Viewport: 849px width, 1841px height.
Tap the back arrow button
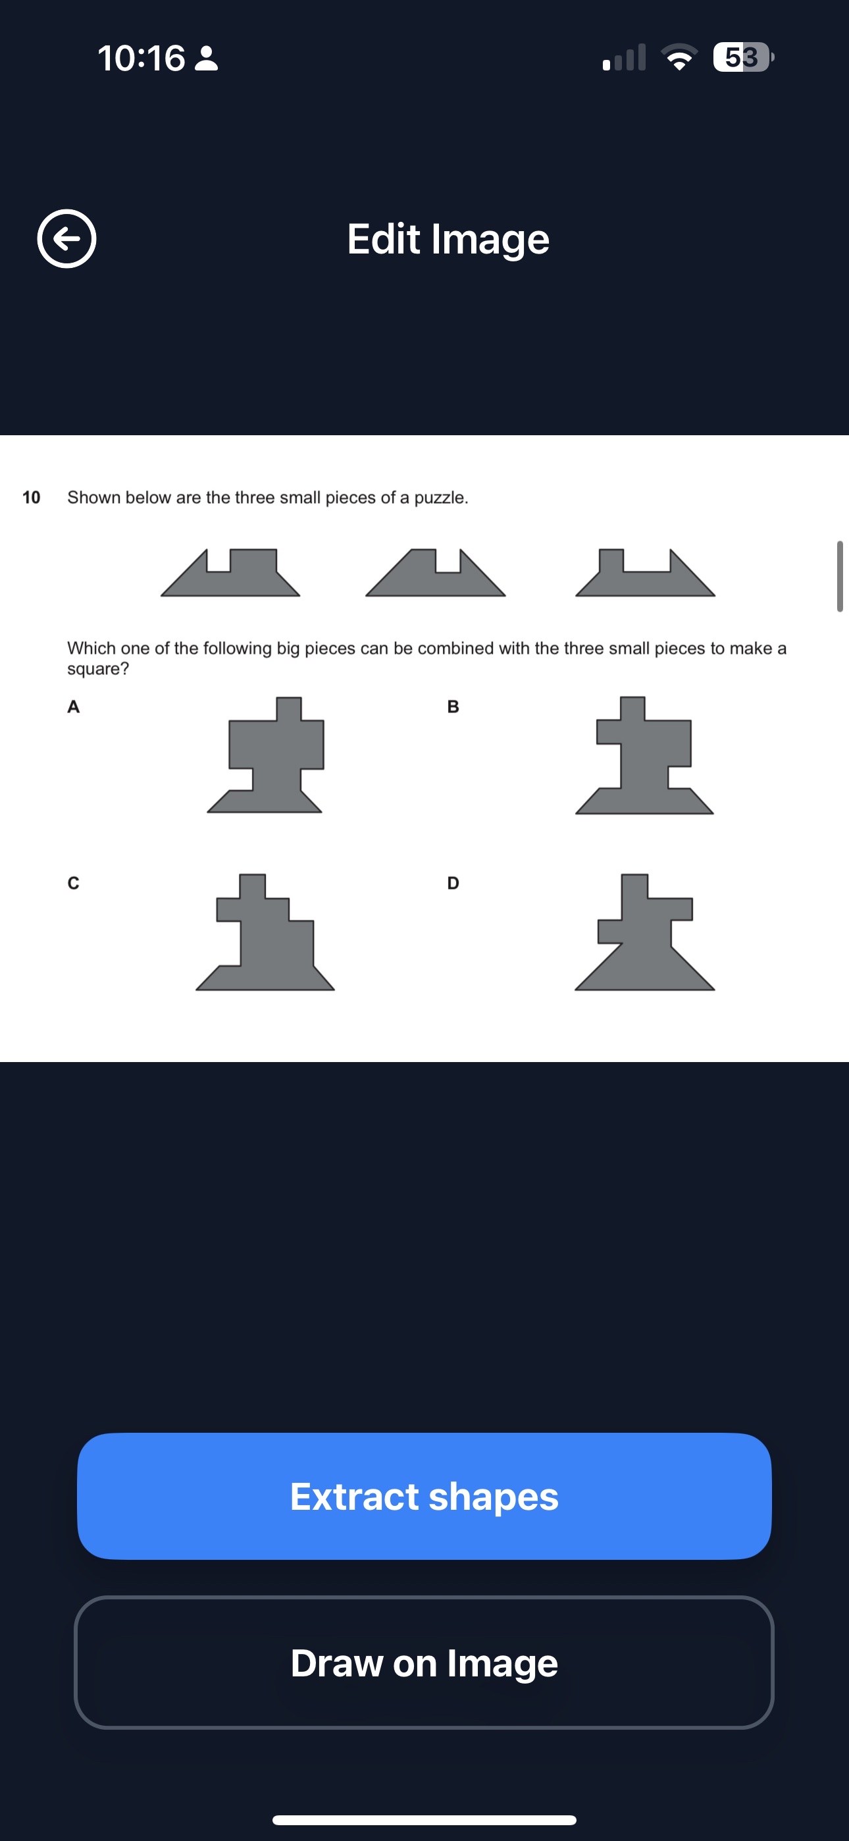[x=66, y=239]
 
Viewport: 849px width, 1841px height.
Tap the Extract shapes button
[x=424, y=1496]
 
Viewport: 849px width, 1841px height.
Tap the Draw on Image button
[x=424, y=1663]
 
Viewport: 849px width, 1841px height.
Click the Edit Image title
[x=448, y=240]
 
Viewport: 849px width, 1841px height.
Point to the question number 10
[x=32, y=497]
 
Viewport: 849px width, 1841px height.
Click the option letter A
[x=73, y=707]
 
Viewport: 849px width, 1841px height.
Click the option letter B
[x=453, y=707]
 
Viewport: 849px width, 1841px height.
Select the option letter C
[x=73, y=884]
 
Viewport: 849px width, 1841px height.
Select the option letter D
[x=453, y=884]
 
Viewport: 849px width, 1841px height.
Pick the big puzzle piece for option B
[x=643, y=764]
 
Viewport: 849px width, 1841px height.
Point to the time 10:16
[x=141, y=58]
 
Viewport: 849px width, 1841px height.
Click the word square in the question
[x=98, y=670]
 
